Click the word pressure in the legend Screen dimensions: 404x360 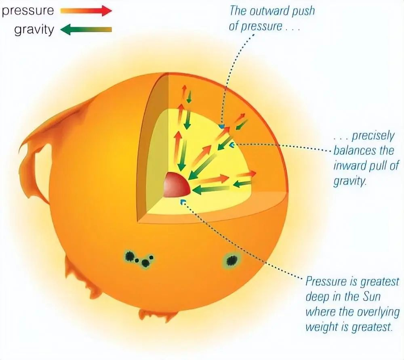(28, 11)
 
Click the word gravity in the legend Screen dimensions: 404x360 (34, 30)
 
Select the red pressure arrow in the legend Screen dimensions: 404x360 (86, 11)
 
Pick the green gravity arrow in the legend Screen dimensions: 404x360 (86, 29)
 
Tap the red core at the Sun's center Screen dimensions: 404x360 (177, 184)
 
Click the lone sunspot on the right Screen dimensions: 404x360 (231, 261)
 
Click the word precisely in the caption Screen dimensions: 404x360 (373, 136)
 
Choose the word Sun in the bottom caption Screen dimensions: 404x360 (371, 297)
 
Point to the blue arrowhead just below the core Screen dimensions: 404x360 (183, 202)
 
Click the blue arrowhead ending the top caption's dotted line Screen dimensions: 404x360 (221, 126)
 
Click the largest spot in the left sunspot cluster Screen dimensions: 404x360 (129, 256)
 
